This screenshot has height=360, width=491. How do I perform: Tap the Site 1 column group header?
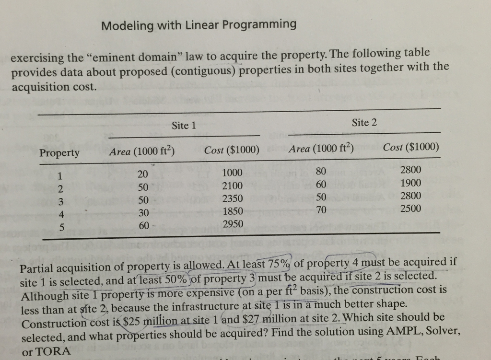point(184,126)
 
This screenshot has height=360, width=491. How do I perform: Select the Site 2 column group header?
point(364,123)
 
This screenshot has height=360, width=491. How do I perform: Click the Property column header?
point(59,153)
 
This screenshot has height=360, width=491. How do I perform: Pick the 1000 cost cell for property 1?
point(233,174)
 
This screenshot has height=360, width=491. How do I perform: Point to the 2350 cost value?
point(233,198)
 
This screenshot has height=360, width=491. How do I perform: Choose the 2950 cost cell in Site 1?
point(233,224)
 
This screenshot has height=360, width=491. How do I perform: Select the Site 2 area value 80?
point(321,172)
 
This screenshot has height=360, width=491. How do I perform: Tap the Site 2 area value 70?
point(321,209)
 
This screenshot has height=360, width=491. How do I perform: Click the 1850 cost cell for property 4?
point(233,211)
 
